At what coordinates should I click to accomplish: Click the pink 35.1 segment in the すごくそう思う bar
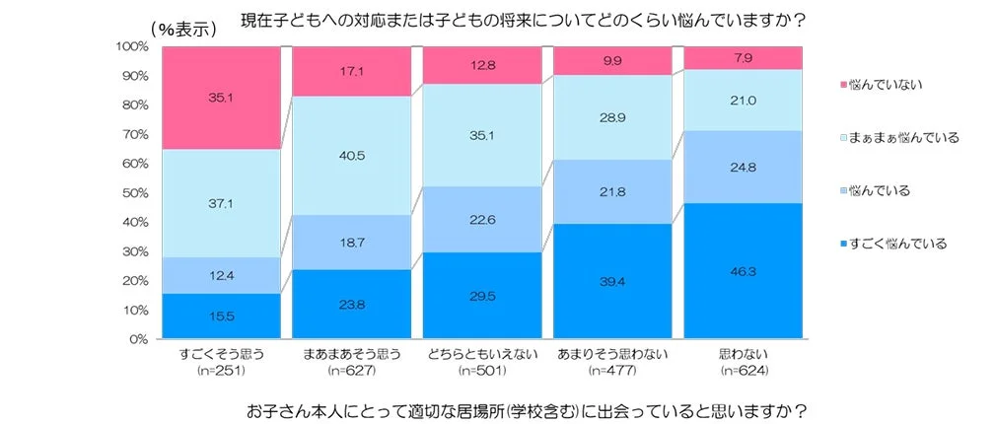click(x=221, y=98)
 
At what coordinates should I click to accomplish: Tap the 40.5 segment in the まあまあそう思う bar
click(x=351, y=155)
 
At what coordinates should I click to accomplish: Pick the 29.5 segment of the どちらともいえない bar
click(x=481, y=296)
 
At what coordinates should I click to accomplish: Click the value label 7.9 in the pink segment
click(x=742, y=57)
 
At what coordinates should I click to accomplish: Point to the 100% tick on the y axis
click(x=133, y=46)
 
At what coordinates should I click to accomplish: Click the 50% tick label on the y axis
click(x=136, y=193)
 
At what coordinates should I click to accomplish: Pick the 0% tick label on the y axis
click(x=139, y=339)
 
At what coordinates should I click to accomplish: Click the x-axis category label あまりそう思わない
click(x=611, y=355)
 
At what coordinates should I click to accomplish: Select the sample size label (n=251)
click(x=221, y=371)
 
